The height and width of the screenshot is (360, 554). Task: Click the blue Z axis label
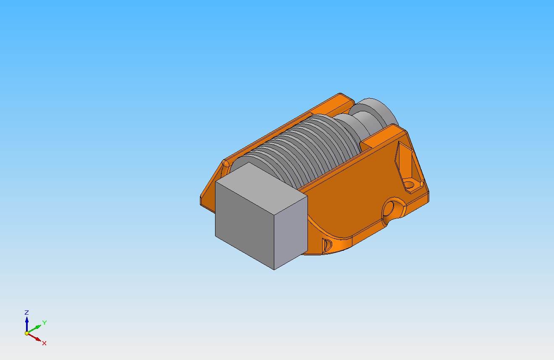click(26, 312)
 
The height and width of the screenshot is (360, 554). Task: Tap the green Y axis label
click(45, 323)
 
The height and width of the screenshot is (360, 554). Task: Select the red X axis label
click(44, 343)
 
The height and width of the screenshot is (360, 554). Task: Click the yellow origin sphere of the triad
click(27, 333)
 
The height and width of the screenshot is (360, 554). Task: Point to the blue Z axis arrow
click(27, 324)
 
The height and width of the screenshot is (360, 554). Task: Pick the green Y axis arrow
click(34, 329)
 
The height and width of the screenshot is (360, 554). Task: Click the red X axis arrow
click(34, 337)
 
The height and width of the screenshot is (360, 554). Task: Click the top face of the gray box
click(261, 188)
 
